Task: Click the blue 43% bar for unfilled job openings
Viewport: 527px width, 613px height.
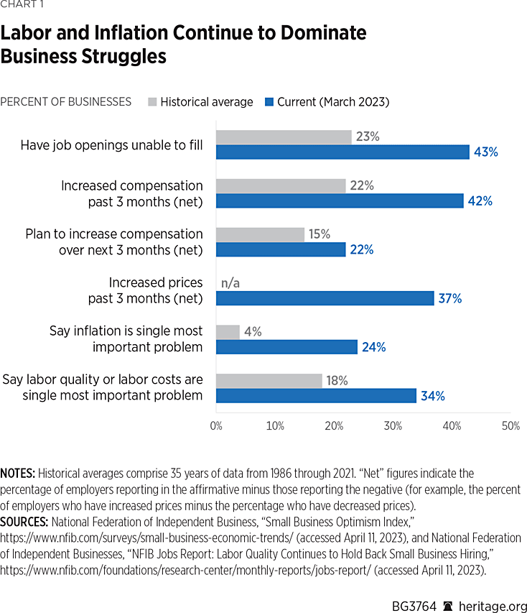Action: (x=342, y=152)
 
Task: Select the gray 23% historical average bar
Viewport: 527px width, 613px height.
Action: (x=284, y=137)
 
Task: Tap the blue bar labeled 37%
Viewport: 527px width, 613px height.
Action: (x=325, y=298)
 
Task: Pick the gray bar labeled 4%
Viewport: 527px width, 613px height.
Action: (x=228, y=332)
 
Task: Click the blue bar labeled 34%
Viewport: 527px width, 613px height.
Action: (x=316, y=395)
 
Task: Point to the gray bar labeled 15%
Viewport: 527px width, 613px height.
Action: (x=260, y=234)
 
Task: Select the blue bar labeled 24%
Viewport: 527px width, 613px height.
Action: (x=286, y=347)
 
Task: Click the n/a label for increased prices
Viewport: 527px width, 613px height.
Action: (x=230, y=283)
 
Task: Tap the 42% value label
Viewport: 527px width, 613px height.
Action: (x=480, y=201)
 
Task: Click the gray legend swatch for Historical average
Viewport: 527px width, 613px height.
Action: (x=151, y=102)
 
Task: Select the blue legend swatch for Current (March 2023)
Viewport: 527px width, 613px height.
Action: (x=270, y=102)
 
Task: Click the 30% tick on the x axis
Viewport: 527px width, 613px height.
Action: (x=393, y=425)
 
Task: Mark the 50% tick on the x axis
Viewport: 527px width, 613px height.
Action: (x=510, y=425)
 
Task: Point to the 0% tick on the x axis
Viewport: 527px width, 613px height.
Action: (x=216, y=425)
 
